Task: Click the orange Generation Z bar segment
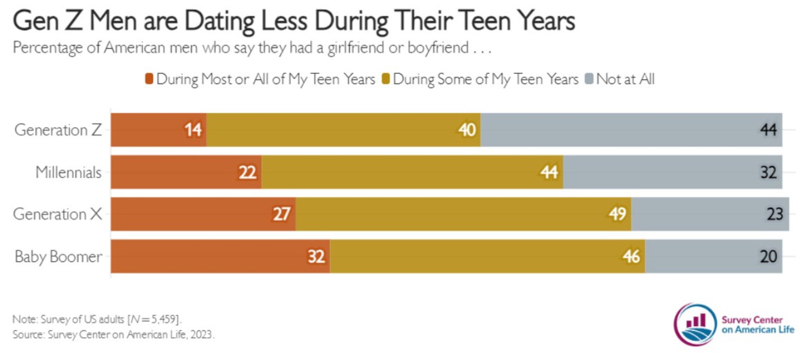[158, 130]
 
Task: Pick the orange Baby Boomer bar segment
[220, 256]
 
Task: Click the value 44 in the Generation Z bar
[769, 130]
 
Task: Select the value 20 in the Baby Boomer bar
[769, 257]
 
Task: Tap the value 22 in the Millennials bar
[247, 172]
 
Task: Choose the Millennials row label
[68, 172]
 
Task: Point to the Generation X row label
[58, 214]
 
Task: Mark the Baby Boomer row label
[58, 257]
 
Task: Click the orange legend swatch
[148, 79]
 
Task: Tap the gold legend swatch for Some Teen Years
[385, 79]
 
